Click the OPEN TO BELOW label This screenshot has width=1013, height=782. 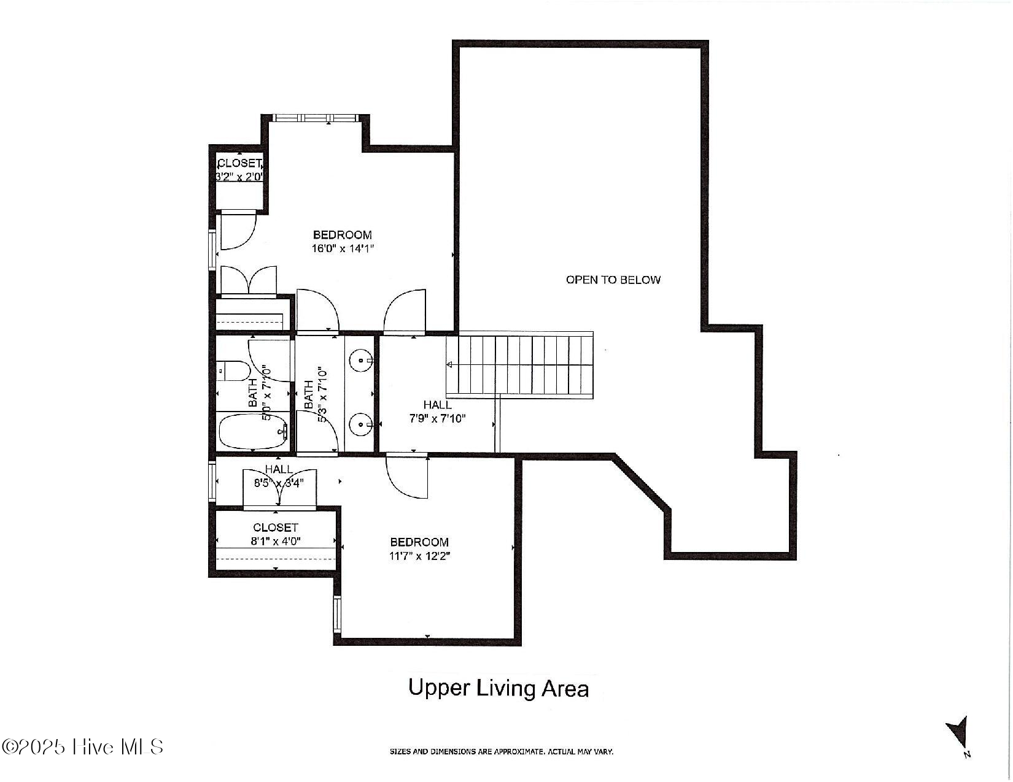(613, 280)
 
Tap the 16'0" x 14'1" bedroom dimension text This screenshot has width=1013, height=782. (343, 248)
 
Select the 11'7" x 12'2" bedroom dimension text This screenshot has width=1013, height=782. (419, 556)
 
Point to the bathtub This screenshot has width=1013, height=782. (254, 432)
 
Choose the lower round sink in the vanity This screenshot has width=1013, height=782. (361, 424)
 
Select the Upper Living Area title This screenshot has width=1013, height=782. (499, 688)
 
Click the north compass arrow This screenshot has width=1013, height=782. (957, 730)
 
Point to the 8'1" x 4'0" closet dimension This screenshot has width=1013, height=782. (276, 541)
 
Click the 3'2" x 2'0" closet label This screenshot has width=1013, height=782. (239, 177)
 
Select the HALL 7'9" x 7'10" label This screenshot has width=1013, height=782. (437, 412)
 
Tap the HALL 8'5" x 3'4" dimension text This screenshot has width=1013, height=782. (279, 483)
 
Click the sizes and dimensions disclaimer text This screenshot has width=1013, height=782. (502, 751)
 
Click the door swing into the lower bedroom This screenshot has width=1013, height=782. (406, 477)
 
